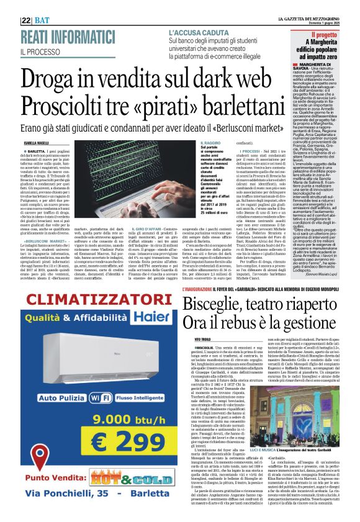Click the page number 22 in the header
click(26, 20)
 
